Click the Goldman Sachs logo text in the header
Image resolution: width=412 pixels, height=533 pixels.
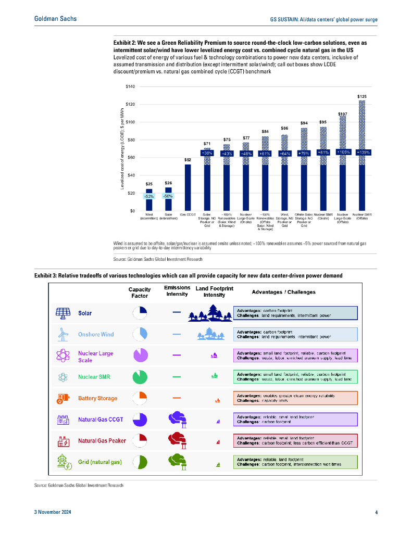pyautogui.click(x=55, y=19)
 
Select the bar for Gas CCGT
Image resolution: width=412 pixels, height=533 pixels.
pyautogui.click(x=188, y=187)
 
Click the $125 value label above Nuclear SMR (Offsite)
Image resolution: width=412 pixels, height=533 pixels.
pyautogui.click(x=361, y=97)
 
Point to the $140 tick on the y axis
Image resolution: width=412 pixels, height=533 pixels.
pyautogui.click(x=130, y=86)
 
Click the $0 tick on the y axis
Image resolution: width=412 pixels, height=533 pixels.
pyautogui.click(x=133, y=211)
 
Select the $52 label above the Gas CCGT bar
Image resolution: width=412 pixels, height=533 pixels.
pyautogui.click(x=188, y=160)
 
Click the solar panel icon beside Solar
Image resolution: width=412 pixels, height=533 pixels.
pyautogui.click(x=63, y=313)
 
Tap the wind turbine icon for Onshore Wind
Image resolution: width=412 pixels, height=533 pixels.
pyautogui.click(x=63, y=334)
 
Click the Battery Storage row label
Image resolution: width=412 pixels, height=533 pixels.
pyautogui.click(x=97, y=399)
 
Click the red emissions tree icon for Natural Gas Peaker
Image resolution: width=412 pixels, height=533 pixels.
pyautogui.click(x=177, y=440)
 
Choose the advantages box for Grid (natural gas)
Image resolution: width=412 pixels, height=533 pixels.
pyautogui.click(x=295, y=462)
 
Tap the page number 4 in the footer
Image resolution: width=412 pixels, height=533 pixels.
pyautogui.click(x=376, y=513)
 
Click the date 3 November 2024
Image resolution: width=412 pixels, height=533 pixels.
pyautogui.click(x=53, y=513)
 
